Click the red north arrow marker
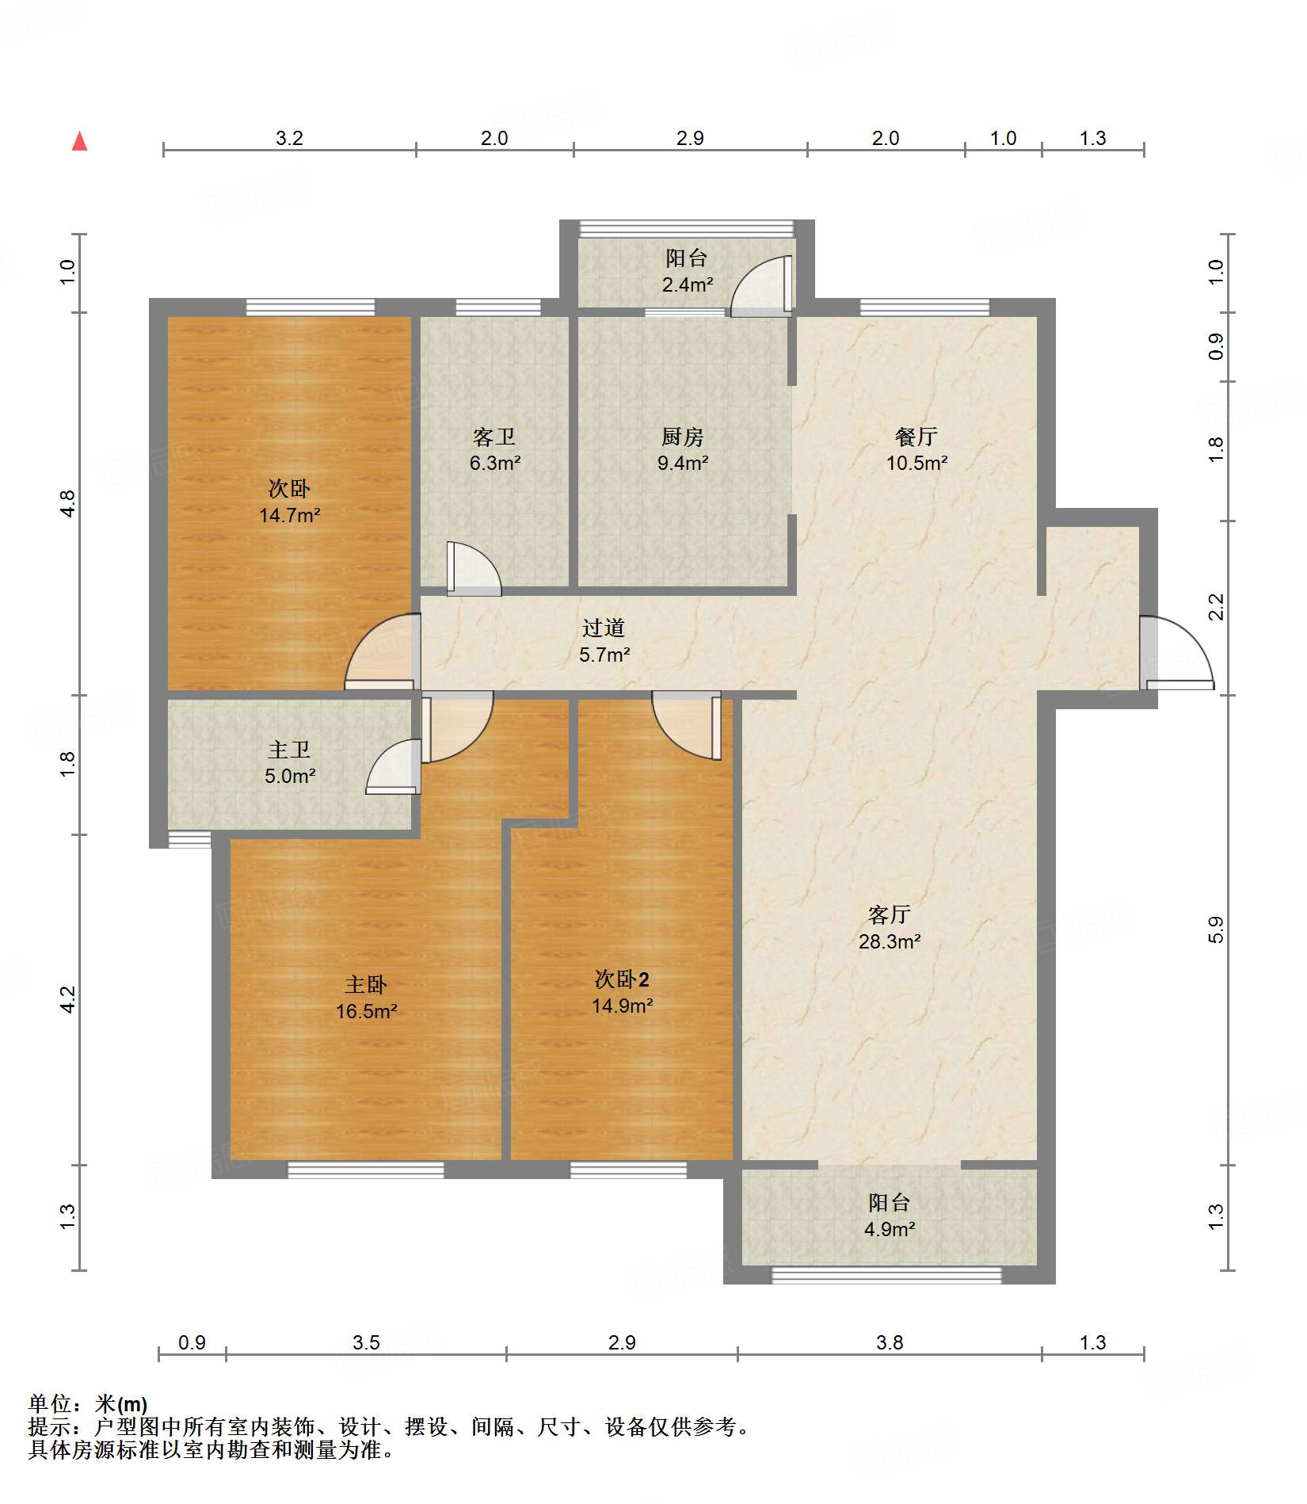(79, 141)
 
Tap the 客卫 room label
(494, 437)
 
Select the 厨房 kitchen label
(682, 437)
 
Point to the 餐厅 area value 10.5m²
(916, 464)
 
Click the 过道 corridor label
(604, 628)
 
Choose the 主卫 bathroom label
(289, 750)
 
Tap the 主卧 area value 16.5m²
(366, 1012)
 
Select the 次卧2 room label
(622, 979)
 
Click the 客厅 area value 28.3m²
(890, 942)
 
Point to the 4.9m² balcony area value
(890, 1230)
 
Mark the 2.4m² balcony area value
(687, 285)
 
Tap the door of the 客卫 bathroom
(474, 568)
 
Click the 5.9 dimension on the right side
(1216, 930)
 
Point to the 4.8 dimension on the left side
(68, 504)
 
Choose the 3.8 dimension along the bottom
(890, 1342)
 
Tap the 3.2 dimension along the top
(289, 138)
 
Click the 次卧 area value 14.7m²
(289, 516)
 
